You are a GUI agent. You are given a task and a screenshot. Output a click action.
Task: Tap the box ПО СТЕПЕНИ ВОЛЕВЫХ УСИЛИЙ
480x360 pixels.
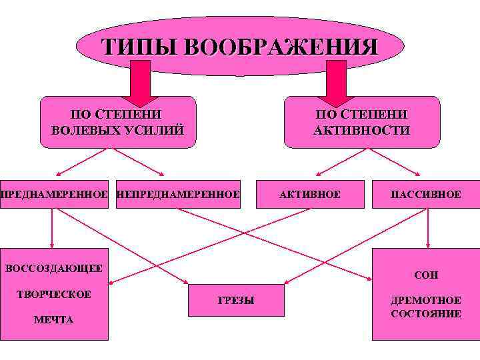117,122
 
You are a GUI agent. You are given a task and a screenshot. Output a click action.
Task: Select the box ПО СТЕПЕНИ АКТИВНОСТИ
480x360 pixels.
361,122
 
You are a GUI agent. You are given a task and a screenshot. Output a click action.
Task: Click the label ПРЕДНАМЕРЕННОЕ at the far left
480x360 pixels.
53,195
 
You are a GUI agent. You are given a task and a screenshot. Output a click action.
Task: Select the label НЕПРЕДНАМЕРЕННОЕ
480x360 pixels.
178,195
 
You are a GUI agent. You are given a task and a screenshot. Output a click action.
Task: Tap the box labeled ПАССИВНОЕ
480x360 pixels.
426,195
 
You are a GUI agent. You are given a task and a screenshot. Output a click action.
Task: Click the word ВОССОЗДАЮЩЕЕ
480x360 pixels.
54,269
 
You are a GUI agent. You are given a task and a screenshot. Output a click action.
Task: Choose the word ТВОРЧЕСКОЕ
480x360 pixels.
54,295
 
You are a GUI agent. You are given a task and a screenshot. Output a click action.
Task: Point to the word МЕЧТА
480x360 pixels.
53,320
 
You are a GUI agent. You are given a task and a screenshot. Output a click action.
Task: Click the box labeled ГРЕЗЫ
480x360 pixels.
236,301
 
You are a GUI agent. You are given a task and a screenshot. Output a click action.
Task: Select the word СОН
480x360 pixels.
426,275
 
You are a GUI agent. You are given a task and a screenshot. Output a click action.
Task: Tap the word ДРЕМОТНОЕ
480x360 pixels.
426,301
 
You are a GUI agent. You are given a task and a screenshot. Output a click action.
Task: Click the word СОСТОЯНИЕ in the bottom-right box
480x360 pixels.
426,313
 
